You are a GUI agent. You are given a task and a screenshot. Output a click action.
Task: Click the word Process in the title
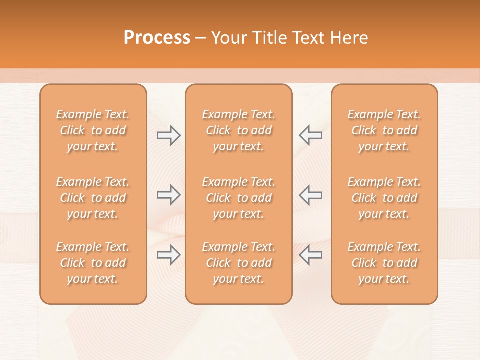point(157,38)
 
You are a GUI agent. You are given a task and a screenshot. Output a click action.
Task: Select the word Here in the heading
point(349,38)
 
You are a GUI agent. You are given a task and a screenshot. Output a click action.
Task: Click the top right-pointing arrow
point(168,135)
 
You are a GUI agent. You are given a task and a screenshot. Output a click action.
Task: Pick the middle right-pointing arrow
point(168,195)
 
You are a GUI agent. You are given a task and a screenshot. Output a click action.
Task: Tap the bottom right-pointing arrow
point(168,255)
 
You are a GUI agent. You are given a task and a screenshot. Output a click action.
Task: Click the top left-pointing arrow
point(310,135)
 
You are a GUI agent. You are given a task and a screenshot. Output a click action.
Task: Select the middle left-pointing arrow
point(310,195)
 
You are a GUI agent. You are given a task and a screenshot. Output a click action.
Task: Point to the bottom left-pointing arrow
point(310,255)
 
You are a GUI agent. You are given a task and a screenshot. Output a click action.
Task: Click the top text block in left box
point(93,130)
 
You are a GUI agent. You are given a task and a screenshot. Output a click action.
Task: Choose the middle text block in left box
point(93,198)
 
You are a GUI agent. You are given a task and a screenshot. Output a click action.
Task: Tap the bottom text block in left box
point(93,263)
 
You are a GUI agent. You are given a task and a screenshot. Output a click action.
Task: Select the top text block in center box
point(238,130)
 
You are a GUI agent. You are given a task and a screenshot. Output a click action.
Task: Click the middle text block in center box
point(238,198)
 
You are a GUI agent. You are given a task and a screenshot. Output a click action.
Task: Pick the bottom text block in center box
point(238,263)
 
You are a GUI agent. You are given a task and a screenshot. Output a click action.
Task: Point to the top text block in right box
point(384,130)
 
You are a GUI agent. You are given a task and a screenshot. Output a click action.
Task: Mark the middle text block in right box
point(384,198)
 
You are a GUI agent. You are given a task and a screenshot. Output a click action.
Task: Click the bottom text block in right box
point(384,263)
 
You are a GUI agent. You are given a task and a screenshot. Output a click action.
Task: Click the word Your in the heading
point(228,38)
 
